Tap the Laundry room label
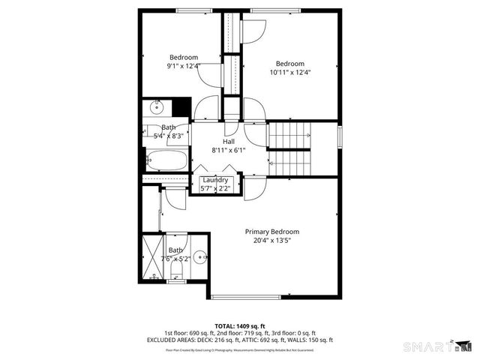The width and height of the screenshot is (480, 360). click(215, 180)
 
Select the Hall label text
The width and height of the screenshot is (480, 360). click(229, 141)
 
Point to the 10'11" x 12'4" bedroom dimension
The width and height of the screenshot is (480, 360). click(289, 73)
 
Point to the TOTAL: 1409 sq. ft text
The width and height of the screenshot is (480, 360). click(239, 326)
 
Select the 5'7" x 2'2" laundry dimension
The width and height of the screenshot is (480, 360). click(215, 188)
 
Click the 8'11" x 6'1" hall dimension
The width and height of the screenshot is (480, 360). click(229, 150)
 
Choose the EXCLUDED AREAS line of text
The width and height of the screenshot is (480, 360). click(239, 340)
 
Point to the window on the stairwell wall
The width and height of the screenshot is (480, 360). click(339, 138)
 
